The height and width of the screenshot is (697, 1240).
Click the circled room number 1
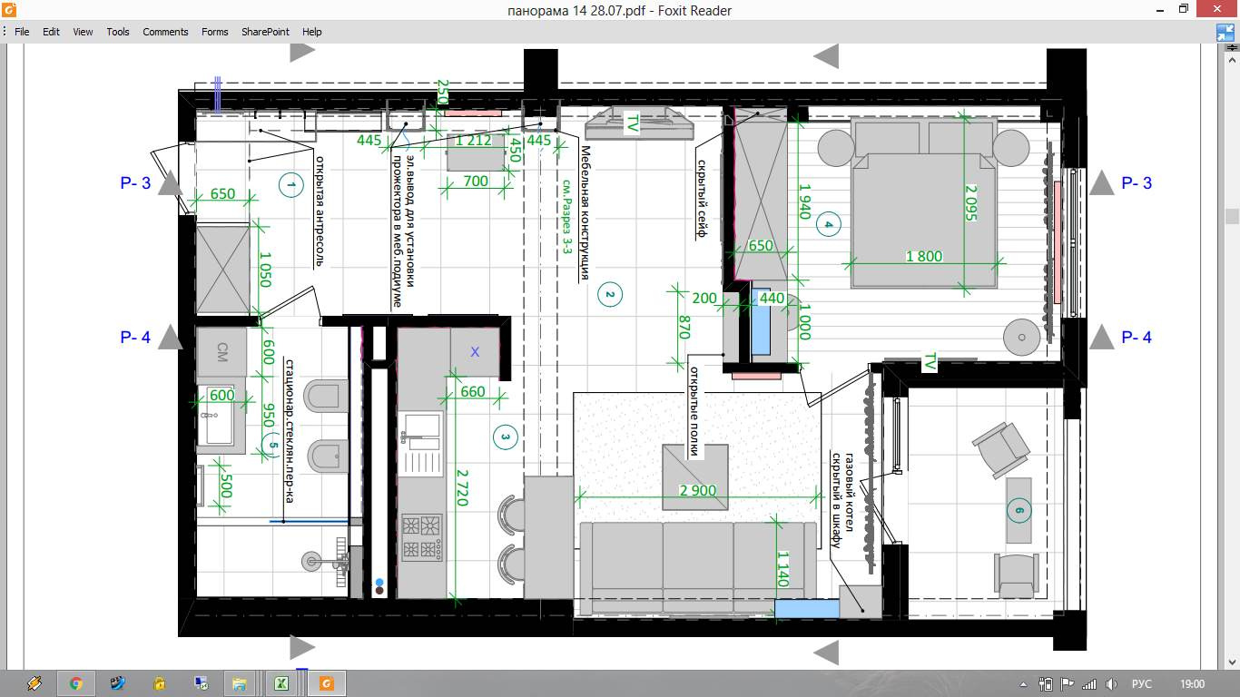291,185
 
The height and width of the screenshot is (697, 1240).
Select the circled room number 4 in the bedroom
828,224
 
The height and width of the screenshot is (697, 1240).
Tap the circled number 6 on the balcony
1019,510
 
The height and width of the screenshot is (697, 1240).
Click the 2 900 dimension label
697,490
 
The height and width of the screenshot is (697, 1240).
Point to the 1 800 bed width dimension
923,256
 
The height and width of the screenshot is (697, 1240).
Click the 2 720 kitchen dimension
462,487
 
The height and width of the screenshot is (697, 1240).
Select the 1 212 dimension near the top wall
473,141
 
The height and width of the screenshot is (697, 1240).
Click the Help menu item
311,32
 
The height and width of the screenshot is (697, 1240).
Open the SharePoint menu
265,32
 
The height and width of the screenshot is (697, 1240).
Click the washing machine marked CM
221,352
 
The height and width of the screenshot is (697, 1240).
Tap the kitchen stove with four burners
422,536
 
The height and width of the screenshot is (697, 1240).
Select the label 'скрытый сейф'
702,199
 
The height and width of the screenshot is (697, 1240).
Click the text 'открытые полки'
694,411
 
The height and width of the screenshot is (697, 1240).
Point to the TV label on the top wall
632,123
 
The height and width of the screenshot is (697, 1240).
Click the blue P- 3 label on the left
135,182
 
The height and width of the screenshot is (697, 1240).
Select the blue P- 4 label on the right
1137,337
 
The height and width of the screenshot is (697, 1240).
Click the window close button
1217,9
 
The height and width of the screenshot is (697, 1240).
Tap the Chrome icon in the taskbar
76,683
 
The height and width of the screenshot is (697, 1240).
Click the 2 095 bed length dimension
971,202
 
